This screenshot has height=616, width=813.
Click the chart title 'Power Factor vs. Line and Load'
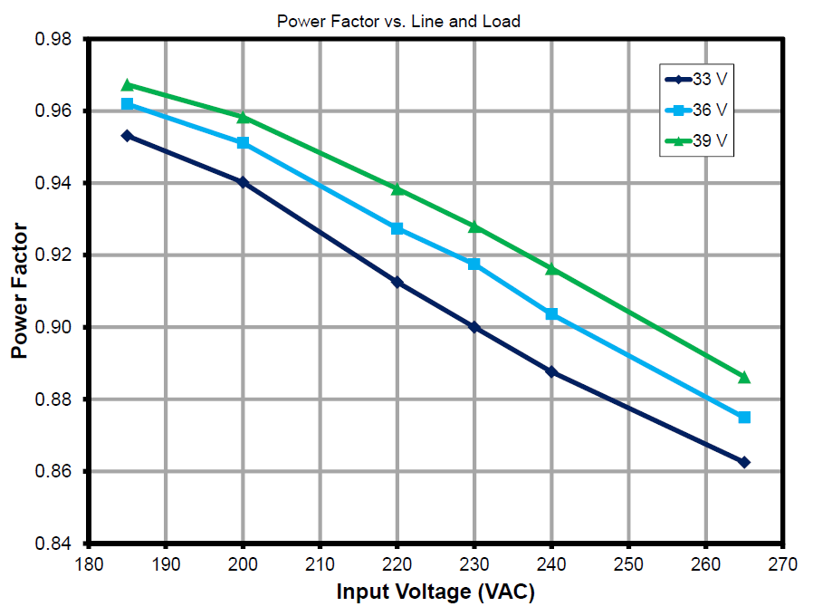pyautogui.click(x=398, y=21)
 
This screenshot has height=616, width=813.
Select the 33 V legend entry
pyautogui.click(x=697, y=79)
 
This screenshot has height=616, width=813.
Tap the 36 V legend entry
pyautogui.click(x=697, y=110)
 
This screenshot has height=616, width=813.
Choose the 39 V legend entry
pyautogui.click(x=697, y=141)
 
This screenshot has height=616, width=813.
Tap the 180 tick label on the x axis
pyautogui.click(x=89, y=564)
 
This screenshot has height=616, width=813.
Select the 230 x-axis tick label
pyautogui.click(x=474, y=564)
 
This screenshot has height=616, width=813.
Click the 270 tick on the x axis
pyautogui.click(x=782, y=564)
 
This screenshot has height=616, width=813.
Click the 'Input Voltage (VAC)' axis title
pyautogui.click(x=435, y=592)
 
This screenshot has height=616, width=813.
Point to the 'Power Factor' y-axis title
pyautogui.click(x=19, y=292)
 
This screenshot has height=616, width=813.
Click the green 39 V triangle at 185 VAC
pyautogui.click(x=128, y=85)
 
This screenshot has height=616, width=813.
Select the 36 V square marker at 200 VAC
pyautogui.click(x=243, y=143)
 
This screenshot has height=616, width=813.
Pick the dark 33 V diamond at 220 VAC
pyautogui.click(x=397, y=283)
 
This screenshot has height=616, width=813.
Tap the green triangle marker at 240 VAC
pyautogui.click(x=551, y=269)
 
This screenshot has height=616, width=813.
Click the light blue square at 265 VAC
pyautogui.click(x=744, y=417)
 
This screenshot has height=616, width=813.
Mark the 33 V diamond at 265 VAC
pyautogui.click(x=744, y=462)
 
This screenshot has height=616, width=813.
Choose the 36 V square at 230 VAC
pyautogui.click(x=474, y=264)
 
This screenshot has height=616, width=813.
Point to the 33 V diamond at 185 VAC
pyautogui.click(x=128, y=136)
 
